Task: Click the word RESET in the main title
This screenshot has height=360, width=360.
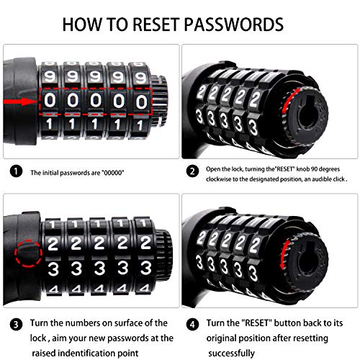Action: click(156, 24)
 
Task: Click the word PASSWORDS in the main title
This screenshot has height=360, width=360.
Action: click(234, 24)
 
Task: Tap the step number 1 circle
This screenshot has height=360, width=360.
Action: click(16, 171)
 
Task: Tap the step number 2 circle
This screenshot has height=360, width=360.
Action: click(192, 171)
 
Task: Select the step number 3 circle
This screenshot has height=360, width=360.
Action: click(16, 325)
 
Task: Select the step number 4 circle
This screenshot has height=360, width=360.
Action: click(192, 325)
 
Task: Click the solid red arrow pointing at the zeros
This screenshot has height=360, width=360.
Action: click(21, 102)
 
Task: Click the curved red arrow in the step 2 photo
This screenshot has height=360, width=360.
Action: click(289, 101)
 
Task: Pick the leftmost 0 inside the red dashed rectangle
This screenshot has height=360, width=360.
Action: click(50, 100)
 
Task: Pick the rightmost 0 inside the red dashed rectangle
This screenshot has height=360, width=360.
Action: click(141, 102)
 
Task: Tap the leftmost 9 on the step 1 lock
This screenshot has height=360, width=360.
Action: click(50, 76)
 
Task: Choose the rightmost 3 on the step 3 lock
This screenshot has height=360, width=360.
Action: click(145, 268)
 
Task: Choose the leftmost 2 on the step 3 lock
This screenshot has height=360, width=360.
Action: click(53, 244)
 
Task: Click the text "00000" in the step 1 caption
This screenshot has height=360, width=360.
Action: click(113, 173)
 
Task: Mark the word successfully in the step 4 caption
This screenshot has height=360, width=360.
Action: click(231, 354)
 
